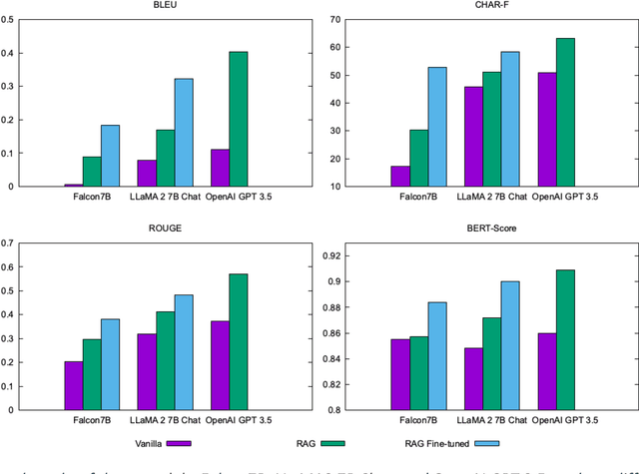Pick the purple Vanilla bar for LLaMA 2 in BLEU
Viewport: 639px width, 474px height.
[x=147, y=173]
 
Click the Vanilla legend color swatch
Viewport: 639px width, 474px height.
[x=179, y=442]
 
